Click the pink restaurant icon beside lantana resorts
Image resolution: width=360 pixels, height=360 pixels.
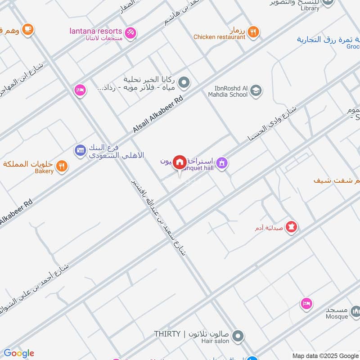point(130,32)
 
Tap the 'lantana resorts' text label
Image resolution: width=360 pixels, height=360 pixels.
point(95,31)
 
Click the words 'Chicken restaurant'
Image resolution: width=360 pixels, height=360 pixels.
point(220,37)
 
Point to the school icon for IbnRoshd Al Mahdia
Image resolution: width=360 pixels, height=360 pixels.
point(256,90)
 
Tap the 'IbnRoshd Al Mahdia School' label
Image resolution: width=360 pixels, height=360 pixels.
point(228,91)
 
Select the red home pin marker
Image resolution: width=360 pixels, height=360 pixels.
point(180,162)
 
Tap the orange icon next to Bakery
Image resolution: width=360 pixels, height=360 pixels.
point(63,166)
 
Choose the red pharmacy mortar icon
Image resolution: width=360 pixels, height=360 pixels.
point(292,227)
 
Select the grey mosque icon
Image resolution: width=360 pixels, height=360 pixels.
point(355,311)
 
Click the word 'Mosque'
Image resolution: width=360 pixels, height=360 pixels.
point(337,316)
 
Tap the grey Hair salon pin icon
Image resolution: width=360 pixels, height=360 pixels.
point(238,336)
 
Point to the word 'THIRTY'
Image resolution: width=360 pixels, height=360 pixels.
point(167,334)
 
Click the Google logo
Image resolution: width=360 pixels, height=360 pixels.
point(18,353)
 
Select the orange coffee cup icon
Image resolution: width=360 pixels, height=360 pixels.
point(27,29)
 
